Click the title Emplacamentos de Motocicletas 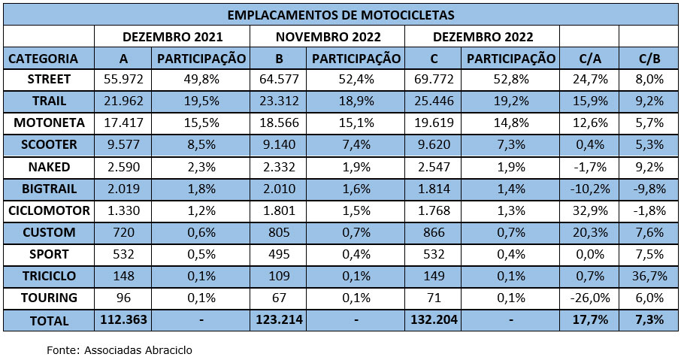pyautogui.click(x=340, y=15)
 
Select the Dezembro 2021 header pyautogui.click(x=172, y=37)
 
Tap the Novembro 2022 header pyautogui.click(x=328, y=37)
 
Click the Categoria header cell pyautogui.click(x=44, y=59)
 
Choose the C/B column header pyautogui.click(x=649, y=59)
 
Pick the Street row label pyautogui.click(x=48, y=80)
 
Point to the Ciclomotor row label pyautogui.click(x=48, y=210)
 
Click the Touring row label pyautogui.click(x=48, y=298)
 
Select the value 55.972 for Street pyautogui.click(x=123, y=80)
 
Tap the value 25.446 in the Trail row pyautogui.click(x=432, y=101)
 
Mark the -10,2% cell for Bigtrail pyautogui.click(x=589, y=189)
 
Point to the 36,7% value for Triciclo pyautogui.click(x=649, y=276)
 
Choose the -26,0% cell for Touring pyautogui.click(x=589, y=298)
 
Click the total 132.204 pyautogui.click(x=432, y=319)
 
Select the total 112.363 pyautogui.click(x=123, y=319)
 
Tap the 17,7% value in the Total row pyautogui.click(x=589, y=319)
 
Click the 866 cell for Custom pyautogui.click(x=432, y=232)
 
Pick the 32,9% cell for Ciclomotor pyautogui.click(x=589, y=210)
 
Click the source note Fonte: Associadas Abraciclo pyautogui.click(x=125, y=349)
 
